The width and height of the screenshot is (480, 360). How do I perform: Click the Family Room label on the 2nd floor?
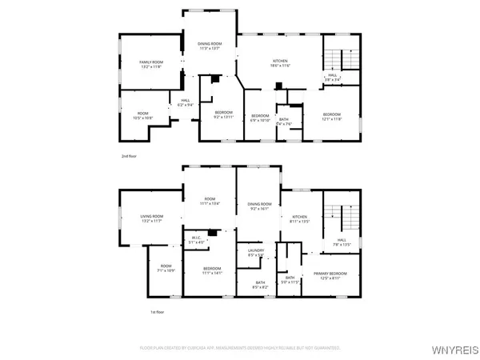(150, 65)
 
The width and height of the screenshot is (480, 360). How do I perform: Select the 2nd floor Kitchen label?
(279, 64)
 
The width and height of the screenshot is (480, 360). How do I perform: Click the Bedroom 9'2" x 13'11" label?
(222, 114)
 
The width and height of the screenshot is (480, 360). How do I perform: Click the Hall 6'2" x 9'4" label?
(184, 102)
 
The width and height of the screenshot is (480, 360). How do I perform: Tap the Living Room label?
(151, 218)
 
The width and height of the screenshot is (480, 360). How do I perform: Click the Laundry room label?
(255, 253)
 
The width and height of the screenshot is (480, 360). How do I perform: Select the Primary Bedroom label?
(331, 276)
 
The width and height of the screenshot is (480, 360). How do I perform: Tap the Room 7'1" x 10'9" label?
(166, 268)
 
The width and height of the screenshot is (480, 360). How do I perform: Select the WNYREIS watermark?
(455, 349)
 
